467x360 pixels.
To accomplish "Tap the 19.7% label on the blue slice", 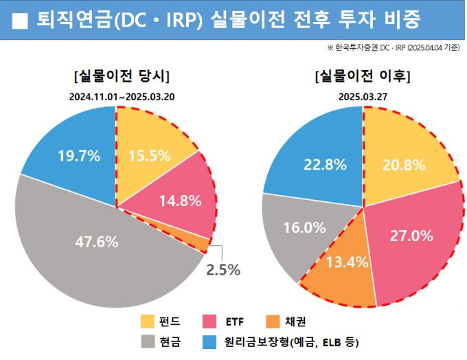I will click(x=78, y=155).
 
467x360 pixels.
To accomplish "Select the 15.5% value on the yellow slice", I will click(x=149, y=155).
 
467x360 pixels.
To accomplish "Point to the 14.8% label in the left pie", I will click(x=179, y=201).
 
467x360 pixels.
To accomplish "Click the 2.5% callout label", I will click(x=224, y=269).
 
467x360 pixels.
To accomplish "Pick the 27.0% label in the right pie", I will click(x=411, y=236).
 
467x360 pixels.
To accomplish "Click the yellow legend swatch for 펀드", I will click(x=148, y=321).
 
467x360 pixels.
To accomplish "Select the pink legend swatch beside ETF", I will click(x=211, y=321).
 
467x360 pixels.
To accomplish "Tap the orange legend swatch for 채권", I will click(x=272, y=321).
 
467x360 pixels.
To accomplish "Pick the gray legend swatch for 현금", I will click(x=148, y=341).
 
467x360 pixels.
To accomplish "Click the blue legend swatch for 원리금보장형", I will click(x=211, y=341).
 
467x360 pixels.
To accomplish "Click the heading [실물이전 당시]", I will click(x=122, y=76).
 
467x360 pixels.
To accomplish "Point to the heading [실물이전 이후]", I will click(x=362, y=76).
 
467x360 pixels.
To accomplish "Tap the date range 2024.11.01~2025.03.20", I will click(x=122, y=96).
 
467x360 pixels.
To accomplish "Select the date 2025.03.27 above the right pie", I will click(x=363, y=96).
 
